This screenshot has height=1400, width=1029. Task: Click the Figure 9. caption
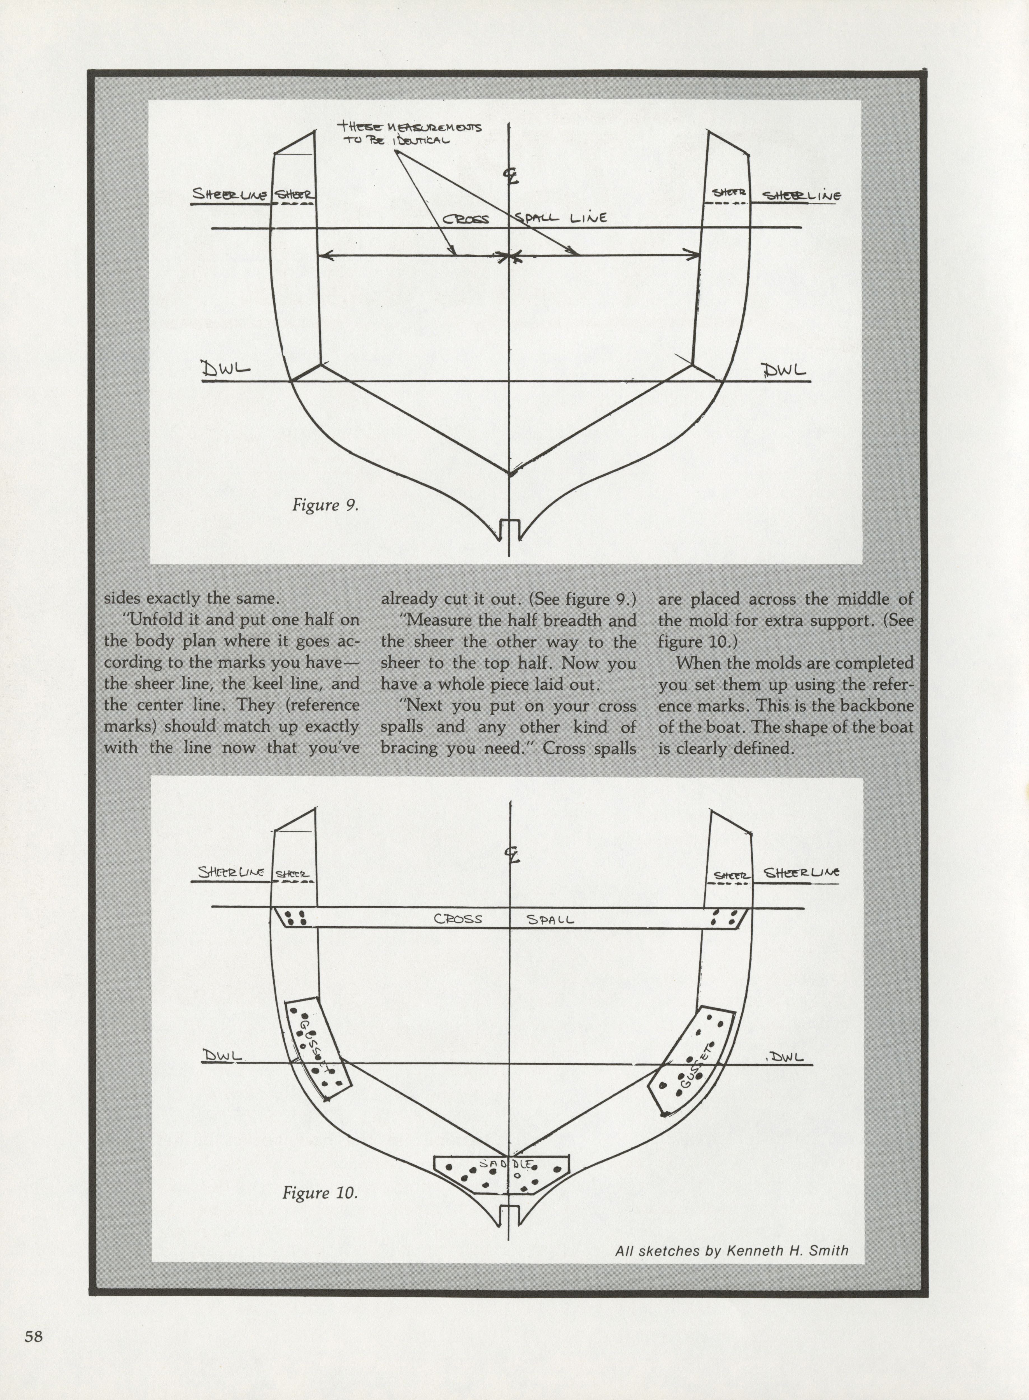(325, 505)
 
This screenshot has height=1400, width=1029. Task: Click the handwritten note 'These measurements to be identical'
(409, 134)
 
